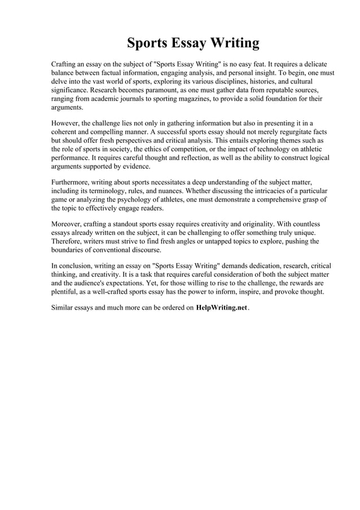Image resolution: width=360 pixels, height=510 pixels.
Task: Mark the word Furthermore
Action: [x=73, y=182]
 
